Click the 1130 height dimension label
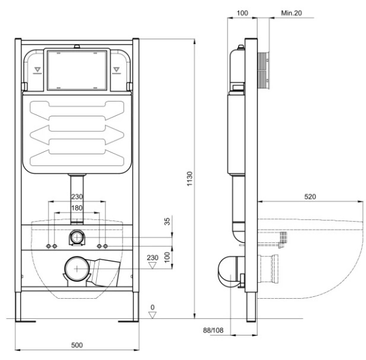click(190, 179)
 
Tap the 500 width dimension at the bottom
click(77, 345)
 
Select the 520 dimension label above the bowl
click(310, 197)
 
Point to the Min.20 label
click(291, 13)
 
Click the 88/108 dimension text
click(213, 331)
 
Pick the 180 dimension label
click(77, 208)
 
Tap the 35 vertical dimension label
click(167, 221)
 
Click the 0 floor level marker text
click(153, 307)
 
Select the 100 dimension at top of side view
click(242, 13)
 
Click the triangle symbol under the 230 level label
click(153, 265)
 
